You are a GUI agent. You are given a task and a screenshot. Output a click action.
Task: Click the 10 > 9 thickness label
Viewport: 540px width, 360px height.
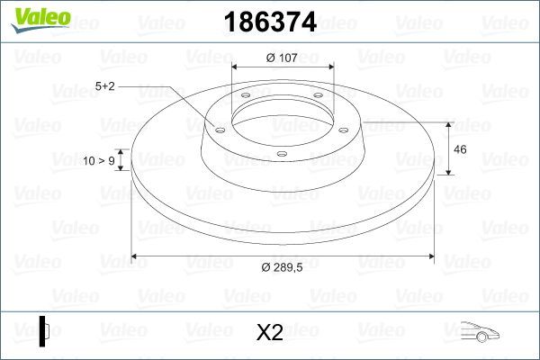point(98,160)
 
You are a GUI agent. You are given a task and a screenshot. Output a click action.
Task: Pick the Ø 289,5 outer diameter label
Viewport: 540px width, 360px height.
point(287,268)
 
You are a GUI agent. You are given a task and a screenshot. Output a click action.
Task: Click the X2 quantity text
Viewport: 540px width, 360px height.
point(270,333)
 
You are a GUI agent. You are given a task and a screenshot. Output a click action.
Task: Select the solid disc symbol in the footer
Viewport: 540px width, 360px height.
point(43,332)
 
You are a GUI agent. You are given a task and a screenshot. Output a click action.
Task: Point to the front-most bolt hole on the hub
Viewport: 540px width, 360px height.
point(281,154)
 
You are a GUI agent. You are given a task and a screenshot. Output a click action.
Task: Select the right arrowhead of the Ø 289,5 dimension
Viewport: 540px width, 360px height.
point(436,256)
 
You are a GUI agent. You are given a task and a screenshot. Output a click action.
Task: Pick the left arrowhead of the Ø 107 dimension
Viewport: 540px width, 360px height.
point(236,68)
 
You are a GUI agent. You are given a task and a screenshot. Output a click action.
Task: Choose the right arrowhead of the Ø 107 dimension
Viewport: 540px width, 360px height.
point(330,68)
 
